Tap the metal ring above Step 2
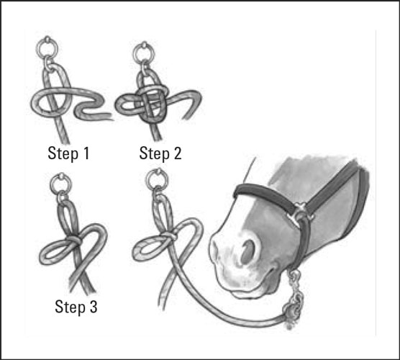coord(135,53)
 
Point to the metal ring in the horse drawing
coord(147,180)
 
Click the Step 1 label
coord(68,153)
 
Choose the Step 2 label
coord(160,153)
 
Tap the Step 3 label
coord(76,307)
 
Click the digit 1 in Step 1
coord(86,153)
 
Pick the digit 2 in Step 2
coord(177,153)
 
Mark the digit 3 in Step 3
coord(94,307)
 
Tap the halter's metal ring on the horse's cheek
coord(300,213)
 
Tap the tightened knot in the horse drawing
coord(169,235)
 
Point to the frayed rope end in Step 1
coord(109,117)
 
